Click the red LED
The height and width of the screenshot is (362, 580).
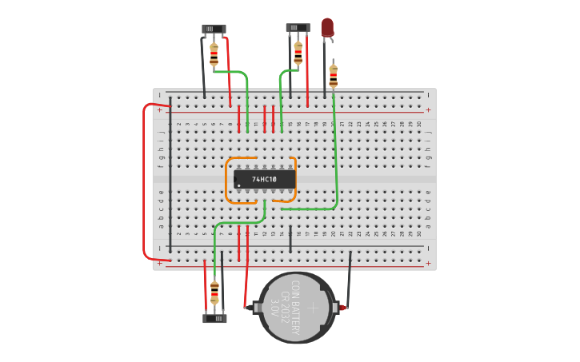coord(327,27)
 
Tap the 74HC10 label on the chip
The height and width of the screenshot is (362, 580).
coord(264,180)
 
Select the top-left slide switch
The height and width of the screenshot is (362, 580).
coord(214,29)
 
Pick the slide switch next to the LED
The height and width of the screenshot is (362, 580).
coord(298,28)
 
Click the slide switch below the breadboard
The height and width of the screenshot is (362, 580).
coord(214,318)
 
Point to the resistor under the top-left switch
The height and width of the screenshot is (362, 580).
coord(214,54)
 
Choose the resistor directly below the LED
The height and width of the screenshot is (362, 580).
coord(333,76)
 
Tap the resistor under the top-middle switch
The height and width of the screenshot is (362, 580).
coord(298,54)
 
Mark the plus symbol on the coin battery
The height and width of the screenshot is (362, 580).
coord(313,308)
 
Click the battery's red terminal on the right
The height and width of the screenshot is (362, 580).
coord(343,308)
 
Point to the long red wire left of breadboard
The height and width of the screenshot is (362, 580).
coord(144,182)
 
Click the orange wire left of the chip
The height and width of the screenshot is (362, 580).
coord(227,181)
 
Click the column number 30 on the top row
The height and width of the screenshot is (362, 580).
coord(418,124)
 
